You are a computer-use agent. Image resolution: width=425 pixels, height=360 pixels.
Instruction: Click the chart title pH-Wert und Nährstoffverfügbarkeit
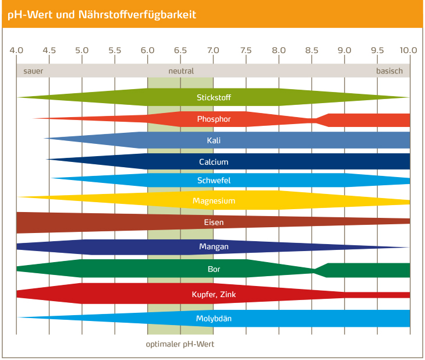[x=102, y=15]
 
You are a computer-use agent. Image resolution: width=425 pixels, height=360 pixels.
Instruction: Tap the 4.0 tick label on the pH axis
[x=16, y=50]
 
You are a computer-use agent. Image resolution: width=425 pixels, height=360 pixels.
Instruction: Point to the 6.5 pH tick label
[x=180, y=50]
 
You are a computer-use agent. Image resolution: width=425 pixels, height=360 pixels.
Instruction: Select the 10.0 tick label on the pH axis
[x=409, y=50]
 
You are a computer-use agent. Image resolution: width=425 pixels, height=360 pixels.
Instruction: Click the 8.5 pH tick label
[x=311, y=50]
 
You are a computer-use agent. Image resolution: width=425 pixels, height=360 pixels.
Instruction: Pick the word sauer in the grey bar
[x=33, y=71]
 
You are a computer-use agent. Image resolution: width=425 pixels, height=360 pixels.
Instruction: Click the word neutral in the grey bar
[x=181, y=71]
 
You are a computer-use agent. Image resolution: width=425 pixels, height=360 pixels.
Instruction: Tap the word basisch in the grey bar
[x=389, y=71]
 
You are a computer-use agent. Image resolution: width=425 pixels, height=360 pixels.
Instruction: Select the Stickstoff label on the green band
[x=214, y=97]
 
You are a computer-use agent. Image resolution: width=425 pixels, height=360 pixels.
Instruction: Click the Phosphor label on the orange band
[x=214, y=119]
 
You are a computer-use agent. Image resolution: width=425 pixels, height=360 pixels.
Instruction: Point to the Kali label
[x=214, y=140]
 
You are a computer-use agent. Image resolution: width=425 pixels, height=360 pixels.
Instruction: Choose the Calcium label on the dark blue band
[x=214, y=162]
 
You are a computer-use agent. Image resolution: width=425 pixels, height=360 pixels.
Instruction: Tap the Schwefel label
[x=214, y=181]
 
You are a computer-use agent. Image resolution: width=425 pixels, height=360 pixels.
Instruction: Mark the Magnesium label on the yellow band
[x=214, y=201]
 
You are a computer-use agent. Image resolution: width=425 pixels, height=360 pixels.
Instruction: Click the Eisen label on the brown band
[x=214, y=222]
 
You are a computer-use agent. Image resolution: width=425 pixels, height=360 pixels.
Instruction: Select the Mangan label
[x=214, y=246]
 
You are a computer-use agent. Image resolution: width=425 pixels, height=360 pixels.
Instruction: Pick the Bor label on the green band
[x=214, y=269]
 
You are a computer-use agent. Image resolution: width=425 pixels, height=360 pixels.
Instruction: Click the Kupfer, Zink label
[x=214, y=294]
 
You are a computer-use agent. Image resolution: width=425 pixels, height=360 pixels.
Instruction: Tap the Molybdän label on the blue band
[x=214, y=319]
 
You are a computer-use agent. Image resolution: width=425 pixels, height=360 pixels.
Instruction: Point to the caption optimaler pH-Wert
[x=180, y=344]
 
